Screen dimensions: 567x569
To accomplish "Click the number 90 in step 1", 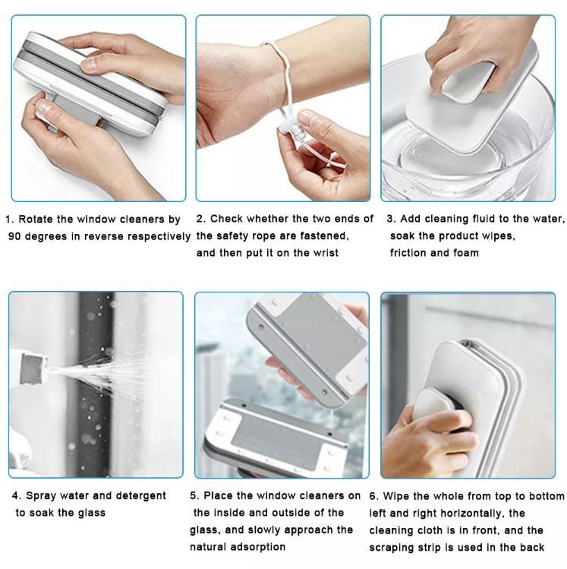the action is click(x=14, y=236).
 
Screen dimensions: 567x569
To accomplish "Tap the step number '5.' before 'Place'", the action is click(x=194, y=496).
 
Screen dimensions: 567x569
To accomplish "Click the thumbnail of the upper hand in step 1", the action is click(x=89, y=64).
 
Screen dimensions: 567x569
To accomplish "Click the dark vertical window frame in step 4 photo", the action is click(x=95, y=384).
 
